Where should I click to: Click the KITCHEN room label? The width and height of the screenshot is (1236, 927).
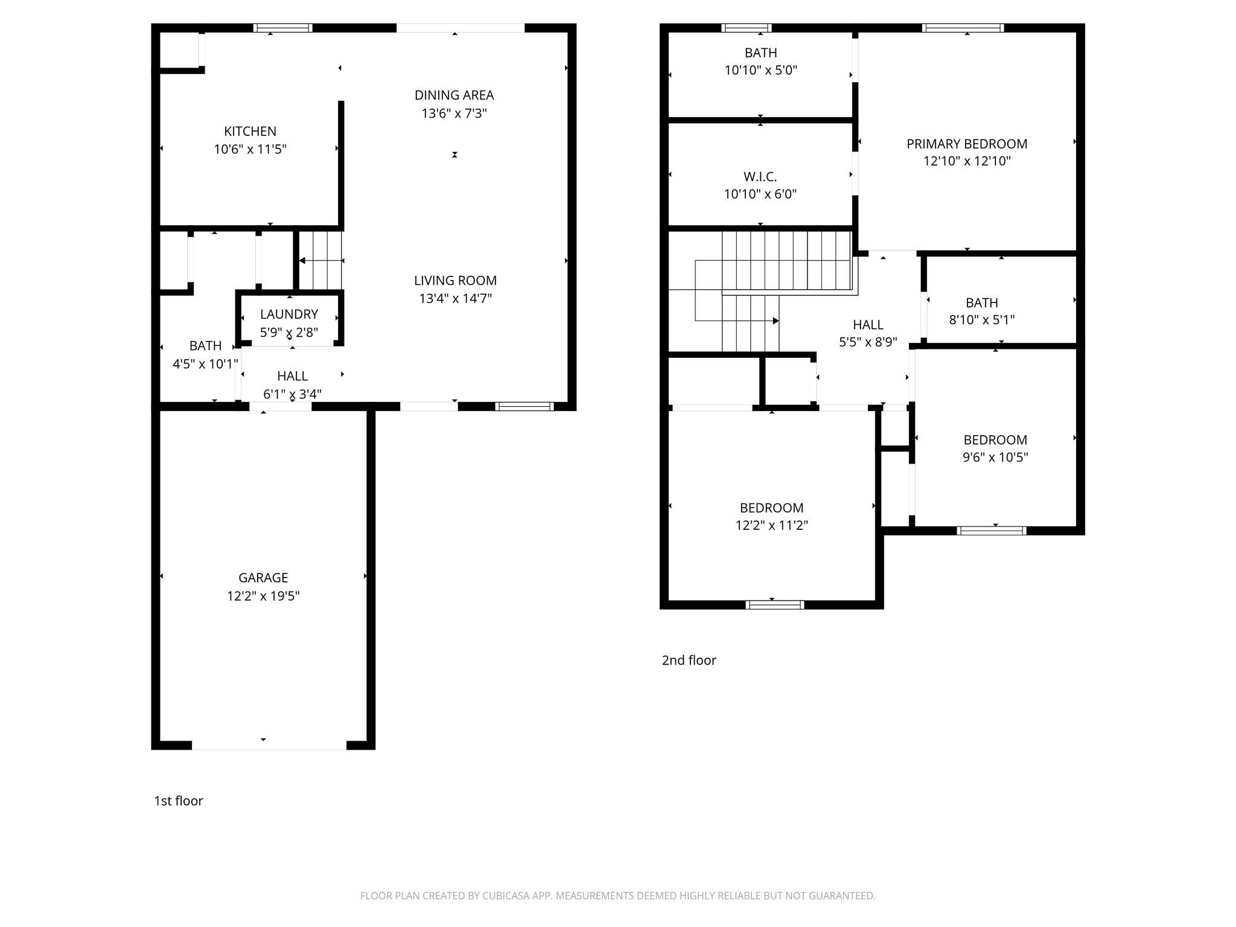(x=250, y=132)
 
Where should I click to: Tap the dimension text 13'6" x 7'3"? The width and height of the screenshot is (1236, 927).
(x=454, y=113)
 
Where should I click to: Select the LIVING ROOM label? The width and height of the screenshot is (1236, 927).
(x=455, y=281)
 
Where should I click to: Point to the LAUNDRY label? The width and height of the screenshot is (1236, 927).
(x=289, y=314)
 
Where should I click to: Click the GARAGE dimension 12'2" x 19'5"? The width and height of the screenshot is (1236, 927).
(x=263, y=596)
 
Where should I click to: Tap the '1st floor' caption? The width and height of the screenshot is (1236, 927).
(x=179, y=801)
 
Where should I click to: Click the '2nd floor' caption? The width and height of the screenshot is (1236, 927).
(x=689, y=660)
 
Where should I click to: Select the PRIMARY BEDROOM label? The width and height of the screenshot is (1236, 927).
(x=967, y=144)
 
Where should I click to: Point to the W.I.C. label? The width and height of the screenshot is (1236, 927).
(x=760, y=177)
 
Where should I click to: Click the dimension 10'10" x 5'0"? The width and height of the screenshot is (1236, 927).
(x=760, y=70)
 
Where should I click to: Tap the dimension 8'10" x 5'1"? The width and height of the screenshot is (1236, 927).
(x=982, y=320)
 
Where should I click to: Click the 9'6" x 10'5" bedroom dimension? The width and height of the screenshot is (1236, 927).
(x=995, y=457)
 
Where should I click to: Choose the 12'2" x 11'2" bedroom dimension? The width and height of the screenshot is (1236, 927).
(x=771, y=526)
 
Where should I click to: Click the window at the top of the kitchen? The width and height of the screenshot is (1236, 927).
(x=282, y=28)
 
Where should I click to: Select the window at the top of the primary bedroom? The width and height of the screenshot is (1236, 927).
(x=963, y=28)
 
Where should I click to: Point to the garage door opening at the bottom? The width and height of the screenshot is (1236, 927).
(x=269, y=745)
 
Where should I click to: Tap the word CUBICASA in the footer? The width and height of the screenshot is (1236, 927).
(x=505, y=896)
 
